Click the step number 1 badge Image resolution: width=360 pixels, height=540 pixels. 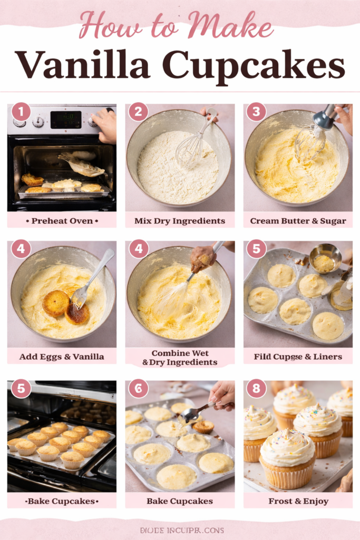click(x=21, y=112)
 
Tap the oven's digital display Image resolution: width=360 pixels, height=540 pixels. click(x=65, y=120)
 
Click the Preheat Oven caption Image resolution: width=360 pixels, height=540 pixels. click(x=62, y=220)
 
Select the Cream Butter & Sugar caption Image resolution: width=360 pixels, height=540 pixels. click(x=298, y=220)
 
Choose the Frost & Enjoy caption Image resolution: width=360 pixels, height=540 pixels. click(x=298, y=501)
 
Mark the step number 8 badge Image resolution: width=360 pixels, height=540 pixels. click(x=256, y=388)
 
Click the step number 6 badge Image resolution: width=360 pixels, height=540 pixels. click(x=138, y=388)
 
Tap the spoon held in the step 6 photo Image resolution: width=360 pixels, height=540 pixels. click(x=198, y=412)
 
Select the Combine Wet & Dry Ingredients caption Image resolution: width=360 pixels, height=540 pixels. click(x=180, y=358)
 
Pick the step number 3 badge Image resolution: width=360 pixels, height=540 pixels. click(x=256, y=112)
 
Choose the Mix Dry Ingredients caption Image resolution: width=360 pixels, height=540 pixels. click(x=180, y=220)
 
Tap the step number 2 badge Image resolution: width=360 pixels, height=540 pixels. click(x=138, y=112)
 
